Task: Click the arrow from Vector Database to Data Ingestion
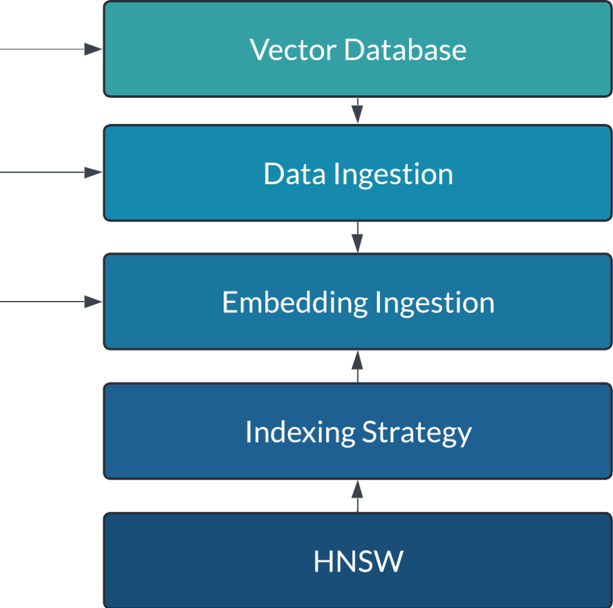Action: [x=357, y=112]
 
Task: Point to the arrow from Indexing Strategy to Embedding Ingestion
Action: [x=357, y=365]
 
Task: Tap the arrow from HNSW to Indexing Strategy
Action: [x=357, y=495]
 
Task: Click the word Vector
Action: [x=293, y=49]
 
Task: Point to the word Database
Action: [x=405, y=49]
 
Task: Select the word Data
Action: [x=295, y=174]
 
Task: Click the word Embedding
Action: [x=295, y=302]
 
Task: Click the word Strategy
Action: [x=417, y=432]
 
